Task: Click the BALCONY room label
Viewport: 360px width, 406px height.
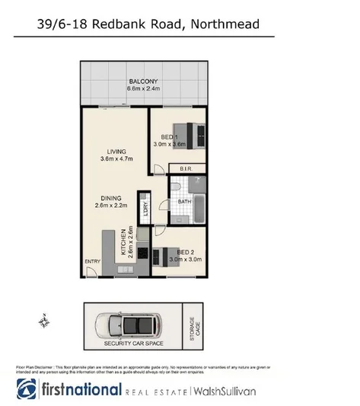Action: [x=142, y=80]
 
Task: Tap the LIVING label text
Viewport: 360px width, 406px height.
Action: [x=116, y=150]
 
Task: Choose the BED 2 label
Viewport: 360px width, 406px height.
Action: [x=186, y=252]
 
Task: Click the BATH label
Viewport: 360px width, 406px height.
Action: [x=184, y=202]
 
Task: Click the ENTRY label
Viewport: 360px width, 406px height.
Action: [x=92, y=263]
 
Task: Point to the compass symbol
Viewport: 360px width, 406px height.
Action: [x=44, y=322]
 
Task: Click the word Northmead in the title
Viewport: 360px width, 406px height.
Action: [x=233, y=25]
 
